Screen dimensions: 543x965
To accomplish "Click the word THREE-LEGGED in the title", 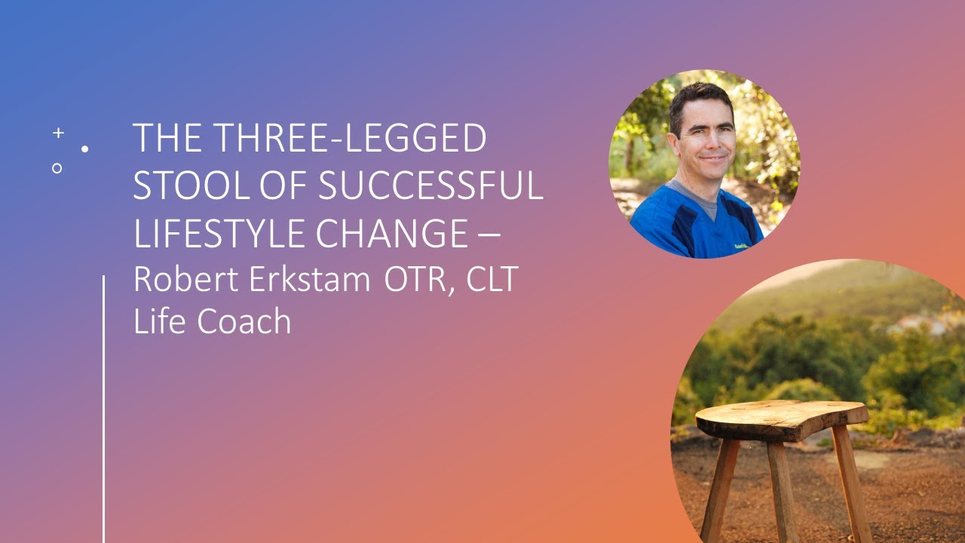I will [351, 140].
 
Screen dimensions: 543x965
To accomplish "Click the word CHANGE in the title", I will [392, 233].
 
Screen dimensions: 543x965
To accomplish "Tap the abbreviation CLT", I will [492, 279].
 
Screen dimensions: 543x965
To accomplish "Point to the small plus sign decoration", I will [58, 133].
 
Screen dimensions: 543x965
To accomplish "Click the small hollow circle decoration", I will [57, 168].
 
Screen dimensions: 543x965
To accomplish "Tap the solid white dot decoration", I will [84, 149].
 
